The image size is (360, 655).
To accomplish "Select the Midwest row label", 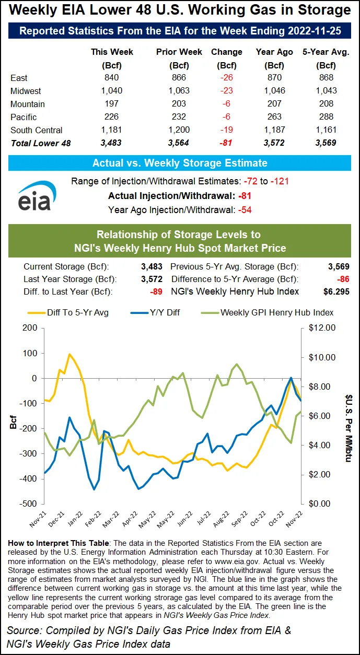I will pos(26,91).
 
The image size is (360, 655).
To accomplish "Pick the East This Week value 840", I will pos(112,78).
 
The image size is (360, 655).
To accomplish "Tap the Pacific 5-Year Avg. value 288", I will pos(327,117).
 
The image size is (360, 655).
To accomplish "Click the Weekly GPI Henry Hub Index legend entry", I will pos(277,312).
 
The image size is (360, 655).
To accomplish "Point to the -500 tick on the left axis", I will pos(28,504).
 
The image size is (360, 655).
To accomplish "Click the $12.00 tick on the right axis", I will pos(322,328).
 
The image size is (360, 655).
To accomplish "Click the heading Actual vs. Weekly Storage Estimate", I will pos(180,163).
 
